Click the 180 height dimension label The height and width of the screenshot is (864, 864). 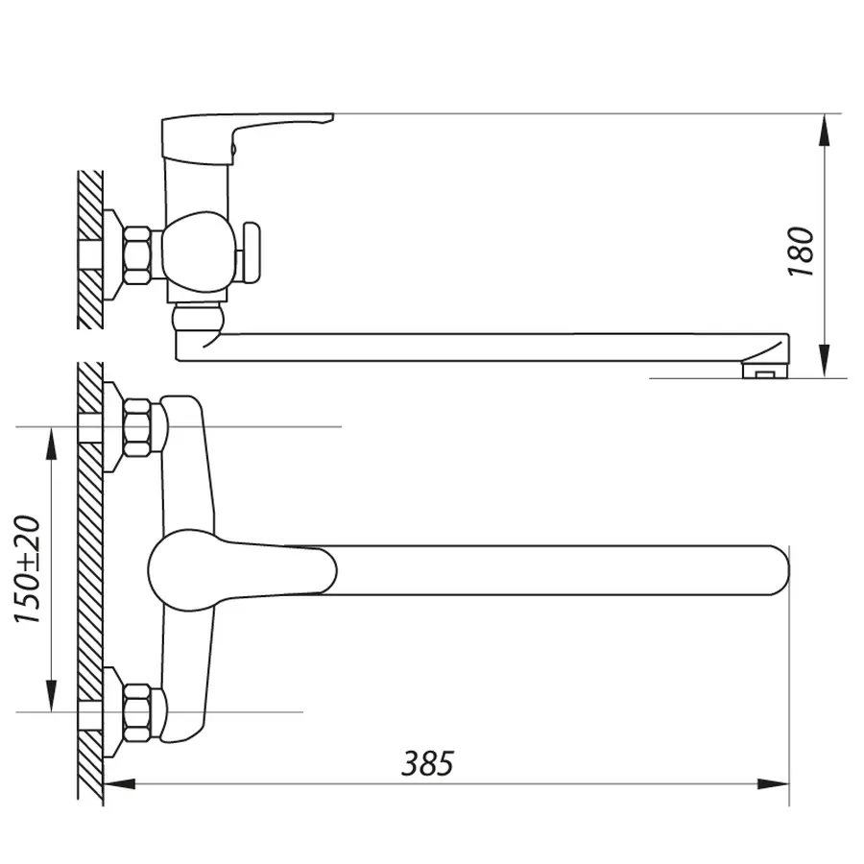(802, 252)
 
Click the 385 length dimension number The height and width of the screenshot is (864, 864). (426, 764)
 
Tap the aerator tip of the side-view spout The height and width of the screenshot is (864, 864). (765, 366)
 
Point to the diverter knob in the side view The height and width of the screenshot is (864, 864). (252, 252)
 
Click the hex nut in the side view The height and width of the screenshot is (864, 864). (137, 254)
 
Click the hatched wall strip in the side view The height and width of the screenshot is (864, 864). (90, 250)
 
